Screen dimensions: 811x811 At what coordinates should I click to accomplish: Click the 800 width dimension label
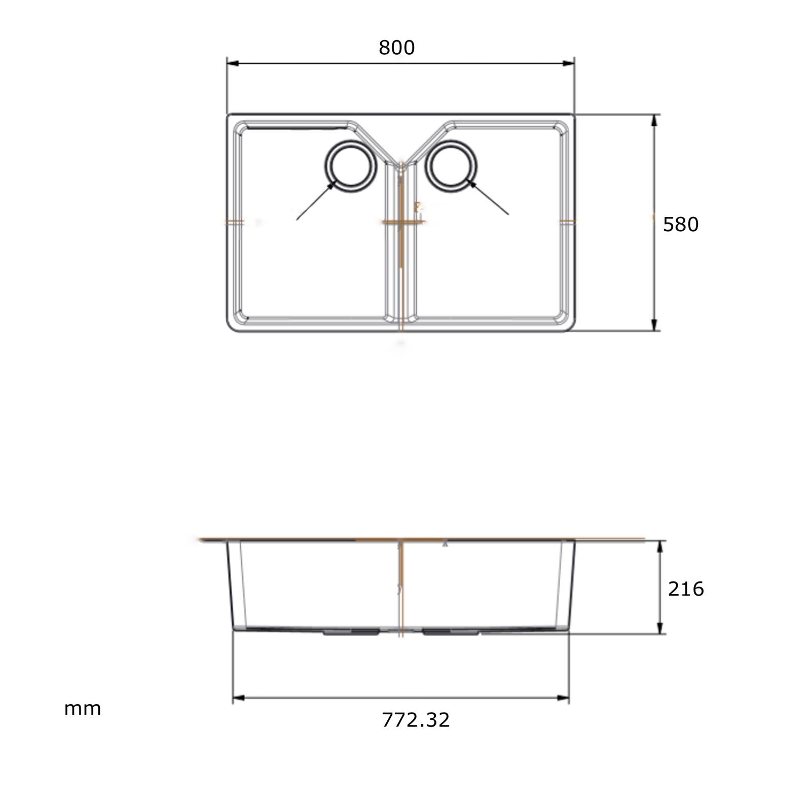tap(396, 48)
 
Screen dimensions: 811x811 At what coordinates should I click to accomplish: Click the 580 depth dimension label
tap(680, 225)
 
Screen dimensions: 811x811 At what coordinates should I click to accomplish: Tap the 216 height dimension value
tap(685, 589)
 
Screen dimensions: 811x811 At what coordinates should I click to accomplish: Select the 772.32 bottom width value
tap(415, 720)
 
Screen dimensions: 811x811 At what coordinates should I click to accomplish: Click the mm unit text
tap(82, 709)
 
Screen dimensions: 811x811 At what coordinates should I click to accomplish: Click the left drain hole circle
tap(351, 166)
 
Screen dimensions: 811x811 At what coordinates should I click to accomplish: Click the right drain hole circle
tap(451, 166)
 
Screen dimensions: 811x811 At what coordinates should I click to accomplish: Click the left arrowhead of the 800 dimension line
tap(232, 63)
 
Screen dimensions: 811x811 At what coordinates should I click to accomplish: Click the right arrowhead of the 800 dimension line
tap(569, 63)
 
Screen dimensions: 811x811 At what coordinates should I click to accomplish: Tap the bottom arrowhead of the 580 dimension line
tap(654, 325)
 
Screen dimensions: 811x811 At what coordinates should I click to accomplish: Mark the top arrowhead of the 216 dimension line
tap(660, 547)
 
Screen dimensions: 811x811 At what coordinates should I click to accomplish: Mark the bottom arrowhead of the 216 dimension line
tap(660, 628)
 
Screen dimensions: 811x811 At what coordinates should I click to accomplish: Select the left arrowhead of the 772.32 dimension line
tap(238, 698)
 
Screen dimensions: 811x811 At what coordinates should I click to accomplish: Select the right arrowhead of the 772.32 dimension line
tap(563, 698)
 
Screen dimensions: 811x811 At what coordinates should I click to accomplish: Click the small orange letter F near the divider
tap(417, 206)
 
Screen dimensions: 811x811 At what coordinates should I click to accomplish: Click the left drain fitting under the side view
tap(351, 633)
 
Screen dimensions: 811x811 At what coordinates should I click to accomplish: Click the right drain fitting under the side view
tap(451, 633)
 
